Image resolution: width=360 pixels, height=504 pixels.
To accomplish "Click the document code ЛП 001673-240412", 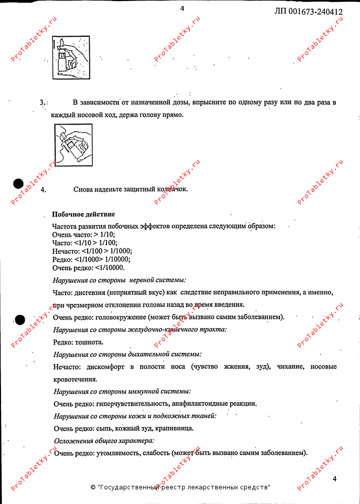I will [309, 12].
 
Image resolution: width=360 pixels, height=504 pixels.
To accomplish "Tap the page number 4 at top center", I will [182, 8].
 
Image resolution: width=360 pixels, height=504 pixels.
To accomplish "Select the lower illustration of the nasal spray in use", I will [74, 147].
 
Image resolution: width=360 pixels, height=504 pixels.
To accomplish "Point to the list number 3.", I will [42, 103].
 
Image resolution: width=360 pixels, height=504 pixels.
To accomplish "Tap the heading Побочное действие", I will [83, 214].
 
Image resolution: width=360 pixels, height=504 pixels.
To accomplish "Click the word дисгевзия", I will [84, 292].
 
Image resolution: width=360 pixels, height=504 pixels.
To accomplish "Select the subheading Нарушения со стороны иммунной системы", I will [122, 391].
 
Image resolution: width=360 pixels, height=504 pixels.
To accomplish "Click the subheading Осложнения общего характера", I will [104, 441].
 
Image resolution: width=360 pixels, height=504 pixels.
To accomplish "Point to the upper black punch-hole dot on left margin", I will [19, 184].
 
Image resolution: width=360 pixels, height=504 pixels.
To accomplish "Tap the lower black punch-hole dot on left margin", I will [19, 319].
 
